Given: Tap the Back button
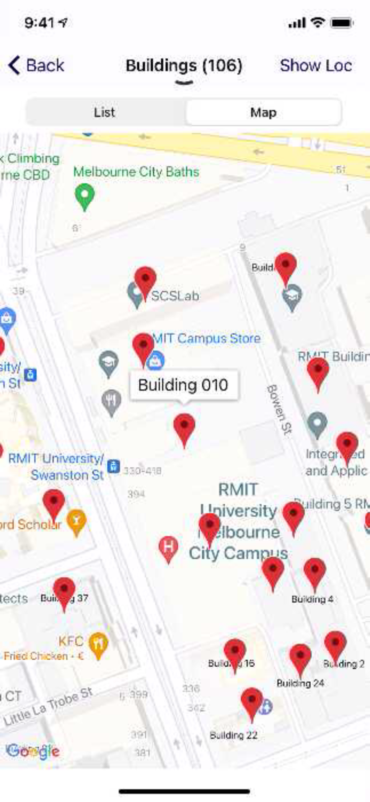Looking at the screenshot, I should click(x=36, y=66).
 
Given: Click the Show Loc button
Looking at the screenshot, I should click(x=316, y=66).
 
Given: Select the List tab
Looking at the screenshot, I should click(x=105, y=112).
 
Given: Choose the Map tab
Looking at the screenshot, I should click(x=263, y=112).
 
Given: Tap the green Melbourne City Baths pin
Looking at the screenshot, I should click(x=84, y=196).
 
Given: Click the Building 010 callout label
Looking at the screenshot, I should click(x=183, y=385).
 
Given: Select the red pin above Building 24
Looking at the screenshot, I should click(x=300, y=658).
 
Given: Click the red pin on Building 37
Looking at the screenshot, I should click(x=64, y=592).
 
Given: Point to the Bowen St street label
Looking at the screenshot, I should click(x=278, y=410).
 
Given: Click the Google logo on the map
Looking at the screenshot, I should click(x=33, y=751).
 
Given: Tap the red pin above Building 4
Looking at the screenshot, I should click(x=314, y=573).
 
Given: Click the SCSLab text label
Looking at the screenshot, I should click(x=175, y=296).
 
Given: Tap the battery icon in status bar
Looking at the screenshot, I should click(x=342, y=23).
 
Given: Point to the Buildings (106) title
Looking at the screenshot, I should click(x=184, y=66).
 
